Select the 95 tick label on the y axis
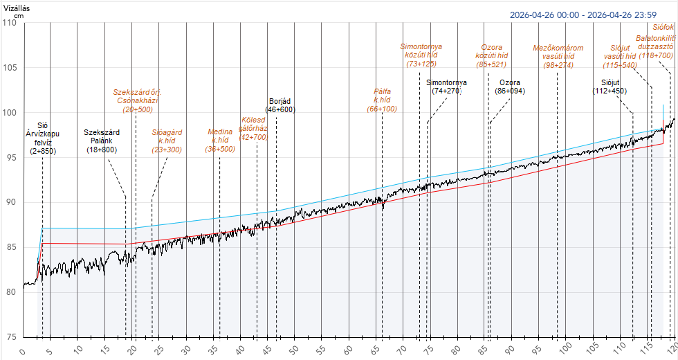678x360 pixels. (x=10, y=157)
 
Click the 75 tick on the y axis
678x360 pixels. (x=10, y=336)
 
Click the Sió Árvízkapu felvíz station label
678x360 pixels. (x=42, y=138)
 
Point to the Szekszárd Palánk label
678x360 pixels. (x=102, y=141)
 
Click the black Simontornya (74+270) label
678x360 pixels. (x=446, y=87)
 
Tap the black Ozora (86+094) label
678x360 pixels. (x=510, y=87)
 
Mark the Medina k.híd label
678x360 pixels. (x=221, y=140)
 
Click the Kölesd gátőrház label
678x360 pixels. (x=253, y=128)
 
